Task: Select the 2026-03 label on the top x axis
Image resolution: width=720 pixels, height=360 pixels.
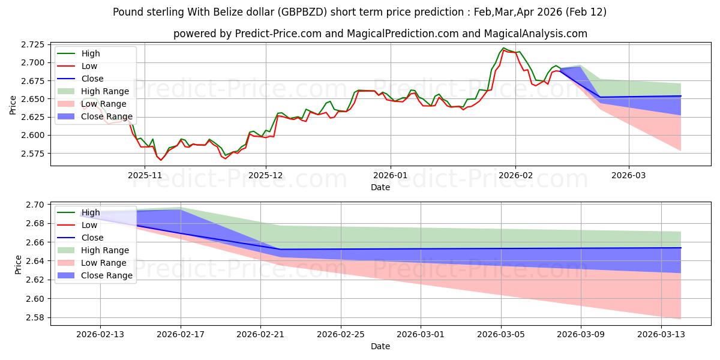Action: (629, 175)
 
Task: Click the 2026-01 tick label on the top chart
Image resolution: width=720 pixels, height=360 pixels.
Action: (391, 175)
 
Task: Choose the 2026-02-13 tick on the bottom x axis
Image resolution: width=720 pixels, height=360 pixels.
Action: (100, 335)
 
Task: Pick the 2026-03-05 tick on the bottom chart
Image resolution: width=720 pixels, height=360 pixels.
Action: (501, 335)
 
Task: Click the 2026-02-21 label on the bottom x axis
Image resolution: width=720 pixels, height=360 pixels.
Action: (260, 335)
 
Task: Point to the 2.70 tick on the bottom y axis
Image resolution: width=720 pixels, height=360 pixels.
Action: (35, 205)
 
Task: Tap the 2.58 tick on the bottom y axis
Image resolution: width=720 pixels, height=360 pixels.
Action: (35, 317)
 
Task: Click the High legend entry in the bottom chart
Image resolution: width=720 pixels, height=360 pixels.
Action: (91, 212)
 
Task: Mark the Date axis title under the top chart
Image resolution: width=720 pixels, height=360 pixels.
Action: (380, 187)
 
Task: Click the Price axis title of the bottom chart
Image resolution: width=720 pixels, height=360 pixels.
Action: (19, 263)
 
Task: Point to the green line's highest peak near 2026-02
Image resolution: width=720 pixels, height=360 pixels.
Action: (503, 48)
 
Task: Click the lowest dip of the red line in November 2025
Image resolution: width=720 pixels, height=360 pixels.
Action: (160, 160)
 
